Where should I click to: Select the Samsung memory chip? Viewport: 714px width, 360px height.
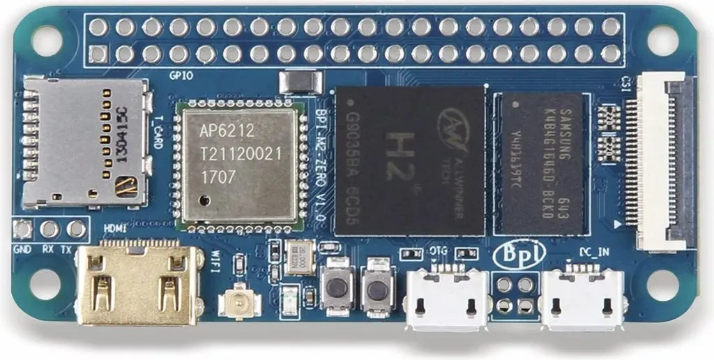pos(542,163)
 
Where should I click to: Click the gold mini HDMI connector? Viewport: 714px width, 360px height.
pos(131,284)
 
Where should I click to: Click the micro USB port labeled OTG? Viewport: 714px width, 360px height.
pos(447,298)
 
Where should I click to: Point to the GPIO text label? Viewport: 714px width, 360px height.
pos(181,75)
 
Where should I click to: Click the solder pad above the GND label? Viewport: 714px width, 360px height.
pos(22,228)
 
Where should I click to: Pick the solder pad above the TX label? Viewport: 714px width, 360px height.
pos(76,228)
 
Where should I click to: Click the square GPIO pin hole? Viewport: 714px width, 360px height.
pos(98,54)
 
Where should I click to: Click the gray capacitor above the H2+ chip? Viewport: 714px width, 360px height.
pos(300,82)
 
